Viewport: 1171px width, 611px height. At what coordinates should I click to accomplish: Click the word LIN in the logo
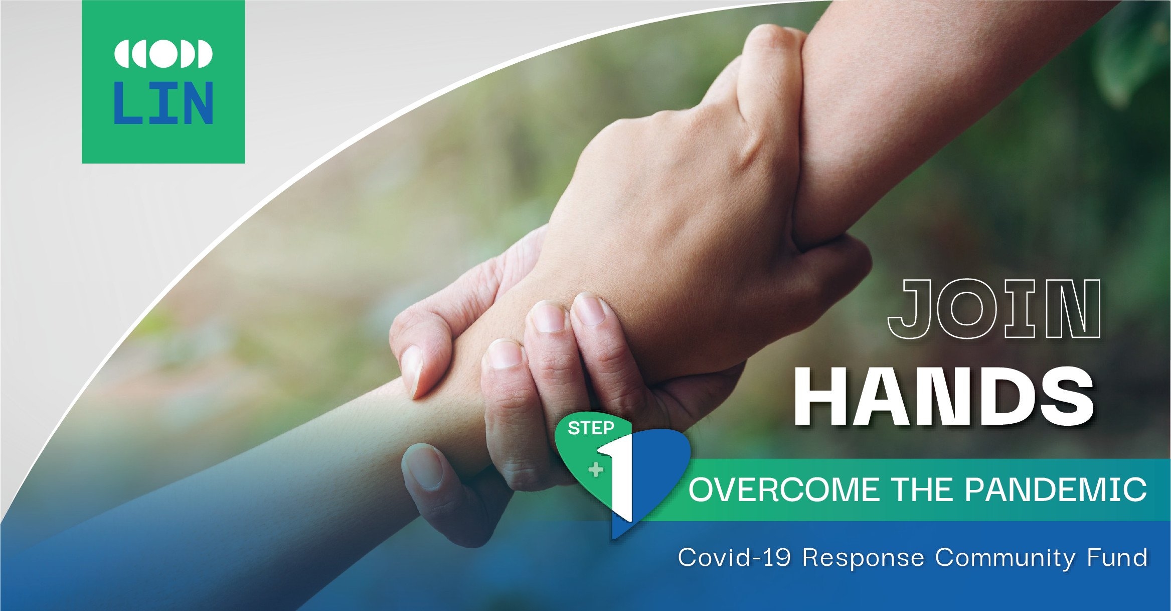[x=163, y=103]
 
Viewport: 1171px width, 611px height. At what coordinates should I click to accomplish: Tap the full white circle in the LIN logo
[x=163, y=53]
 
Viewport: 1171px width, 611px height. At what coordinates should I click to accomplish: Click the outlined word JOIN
[x=994, y=309]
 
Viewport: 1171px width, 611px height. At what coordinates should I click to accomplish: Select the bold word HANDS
[x=944, y=396]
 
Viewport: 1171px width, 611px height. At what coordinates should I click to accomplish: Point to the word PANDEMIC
[x=1056, y=490]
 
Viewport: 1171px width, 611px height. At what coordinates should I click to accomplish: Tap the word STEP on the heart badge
[x=591, y=428]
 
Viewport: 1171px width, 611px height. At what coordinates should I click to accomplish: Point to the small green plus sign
[x=596, y=470]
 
